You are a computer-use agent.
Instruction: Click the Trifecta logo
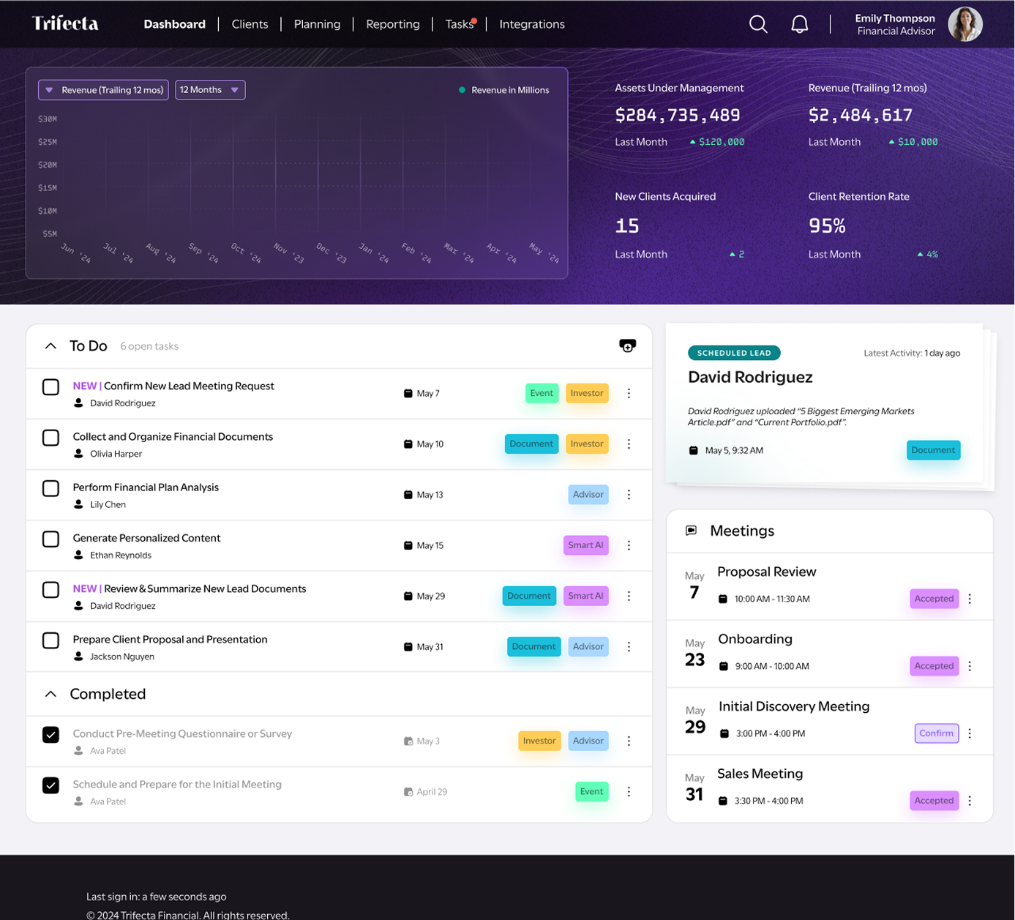point(65,23)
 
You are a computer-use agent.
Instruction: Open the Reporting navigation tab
point(393,23)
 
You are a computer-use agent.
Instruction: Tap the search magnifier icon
point(758,23)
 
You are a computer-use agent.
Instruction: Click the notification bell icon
point(799,23)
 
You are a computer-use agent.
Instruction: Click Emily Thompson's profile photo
point(965,23)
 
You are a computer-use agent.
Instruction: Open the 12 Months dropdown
point(210,89)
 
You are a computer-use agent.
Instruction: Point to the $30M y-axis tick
point(48,119)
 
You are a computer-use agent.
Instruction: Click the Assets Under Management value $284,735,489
point(677,116)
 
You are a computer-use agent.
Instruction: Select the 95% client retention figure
point(827,225)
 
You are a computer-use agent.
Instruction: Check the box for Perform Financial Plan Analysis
point(50,488)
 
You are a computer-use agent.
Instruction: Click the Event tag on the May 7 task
point(542,393)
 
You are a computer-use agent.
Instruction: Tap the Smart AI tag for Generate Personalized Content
point(585,545)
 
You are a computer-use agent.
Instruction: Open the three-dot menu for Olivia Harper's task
point(629,444)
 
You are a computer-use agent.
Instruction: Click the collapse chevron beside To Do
point(50,346)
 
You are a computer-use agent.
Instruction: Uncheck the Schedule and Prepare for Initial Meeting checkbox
point(50,785)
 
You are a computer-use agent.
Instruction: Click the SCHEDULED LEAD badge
point(734,353)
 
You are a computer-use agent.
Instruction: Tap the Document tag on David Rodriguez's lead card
point(933,450)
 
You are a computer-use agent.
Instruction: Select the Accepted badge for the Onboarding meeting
point(934,666)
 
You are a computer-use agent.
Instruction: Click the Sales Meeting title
point(760,774)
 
